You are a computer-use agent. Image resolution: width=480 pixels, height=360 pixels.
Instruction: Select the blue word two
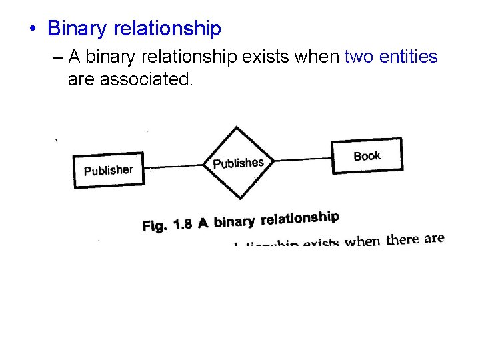pos(359,57)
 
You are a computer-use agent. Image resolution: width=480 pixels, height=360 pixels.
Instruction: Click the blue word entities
pos(409,57)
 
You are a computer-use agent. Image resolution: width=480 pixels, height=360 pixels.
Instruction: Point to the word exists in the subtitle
pos(266,57)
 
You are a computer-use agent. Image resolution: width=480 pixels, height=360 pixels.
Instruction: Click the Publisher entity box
pos(108,171)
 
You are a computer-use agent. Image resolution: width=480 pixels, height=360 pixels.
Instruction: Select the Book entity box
pos(367,156)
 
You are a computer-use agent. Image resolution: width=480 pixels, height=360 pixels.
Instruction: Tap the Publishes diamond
pos(238,163)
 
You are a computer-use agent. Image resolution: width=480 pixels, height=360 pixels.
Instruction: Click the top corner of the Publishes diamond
pos(235,127)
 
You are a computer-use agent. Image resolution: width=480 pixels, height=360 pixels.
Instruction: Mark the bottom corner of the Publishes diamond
pos(240,199)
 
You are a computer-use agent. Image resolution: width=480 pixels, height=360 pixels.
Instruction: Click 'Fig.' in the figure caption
pos(155,226)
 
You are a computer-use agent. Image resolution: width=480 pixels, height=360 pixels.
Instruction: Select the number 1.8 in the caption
pos(183,224)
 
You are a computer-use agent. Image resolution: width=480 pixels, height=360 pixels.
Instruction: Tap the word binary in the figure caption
pos(235,221)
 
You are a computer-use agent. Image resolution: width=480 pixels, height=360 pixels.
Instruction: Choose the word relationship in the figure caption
pos(300,218)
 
